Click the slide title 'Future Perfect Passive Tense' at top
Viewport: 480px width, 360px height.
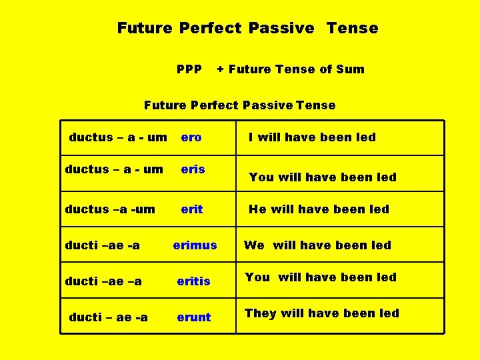(247, 28)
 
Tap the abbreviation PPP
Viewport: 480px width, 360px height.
(189, 69)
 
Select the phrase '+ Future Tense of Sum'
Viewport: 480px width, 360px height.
(291, 69)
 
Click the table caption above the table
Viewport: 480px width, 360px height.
(240, 105)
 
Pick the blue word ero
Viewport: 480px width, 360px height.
(191, 137)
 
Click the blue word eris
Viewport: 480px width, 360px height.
(193, 169)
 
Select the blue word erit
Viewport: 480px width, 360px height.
(192, 209)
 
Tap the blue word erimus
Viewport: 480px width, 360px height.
(195, 245)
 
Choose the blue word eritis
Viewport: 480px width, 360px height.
(193, 281)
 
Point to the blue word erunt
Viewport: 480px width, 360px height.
(193, 317)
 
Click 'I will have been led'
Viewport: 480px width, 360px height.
(312, 137)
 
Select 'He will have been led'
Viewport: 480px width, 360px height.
(319, 209)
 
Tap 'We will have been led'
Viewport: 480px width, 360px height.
(317, 245)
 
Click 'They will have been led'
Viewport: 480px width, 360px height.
(321, 313)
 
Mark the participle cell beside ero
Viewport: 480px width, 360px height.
(118, 137)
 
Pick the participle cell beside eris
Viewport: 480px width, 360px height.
(114, 169)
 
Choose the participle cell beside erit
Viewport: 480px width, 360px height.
(110, 209)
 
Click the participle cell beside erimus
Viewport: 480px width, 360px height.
(103, 245)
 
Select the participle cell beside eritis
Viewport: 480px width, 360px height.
(103, 281)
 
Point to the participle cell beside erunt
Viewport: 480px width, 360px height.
(108, 317)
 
